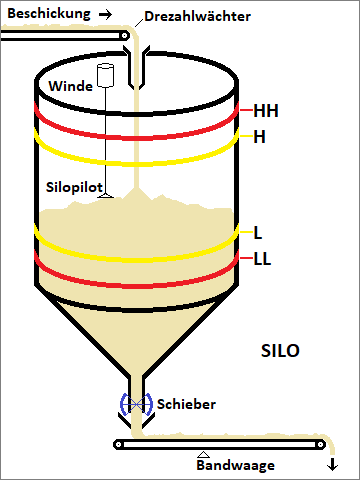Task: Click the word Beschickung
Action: (46, 15)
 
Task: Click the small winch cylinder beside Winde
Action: (105, 74)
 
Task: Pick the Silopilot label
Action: (73, 187)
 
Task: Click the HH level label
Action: (266, 110)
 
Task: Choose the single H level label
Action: (260, 136)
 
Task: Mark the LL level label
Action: (263, 260)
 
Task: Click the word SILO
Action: (280, 353)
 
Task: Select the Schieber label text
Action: (185, 405)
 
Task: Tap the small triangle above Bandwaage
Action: (203, 454)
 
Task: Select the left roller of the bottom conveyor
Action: (120, 444)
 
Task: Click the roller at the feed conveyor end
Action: (124, 35)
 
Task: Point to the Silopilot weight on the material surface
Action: (105, 200)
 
